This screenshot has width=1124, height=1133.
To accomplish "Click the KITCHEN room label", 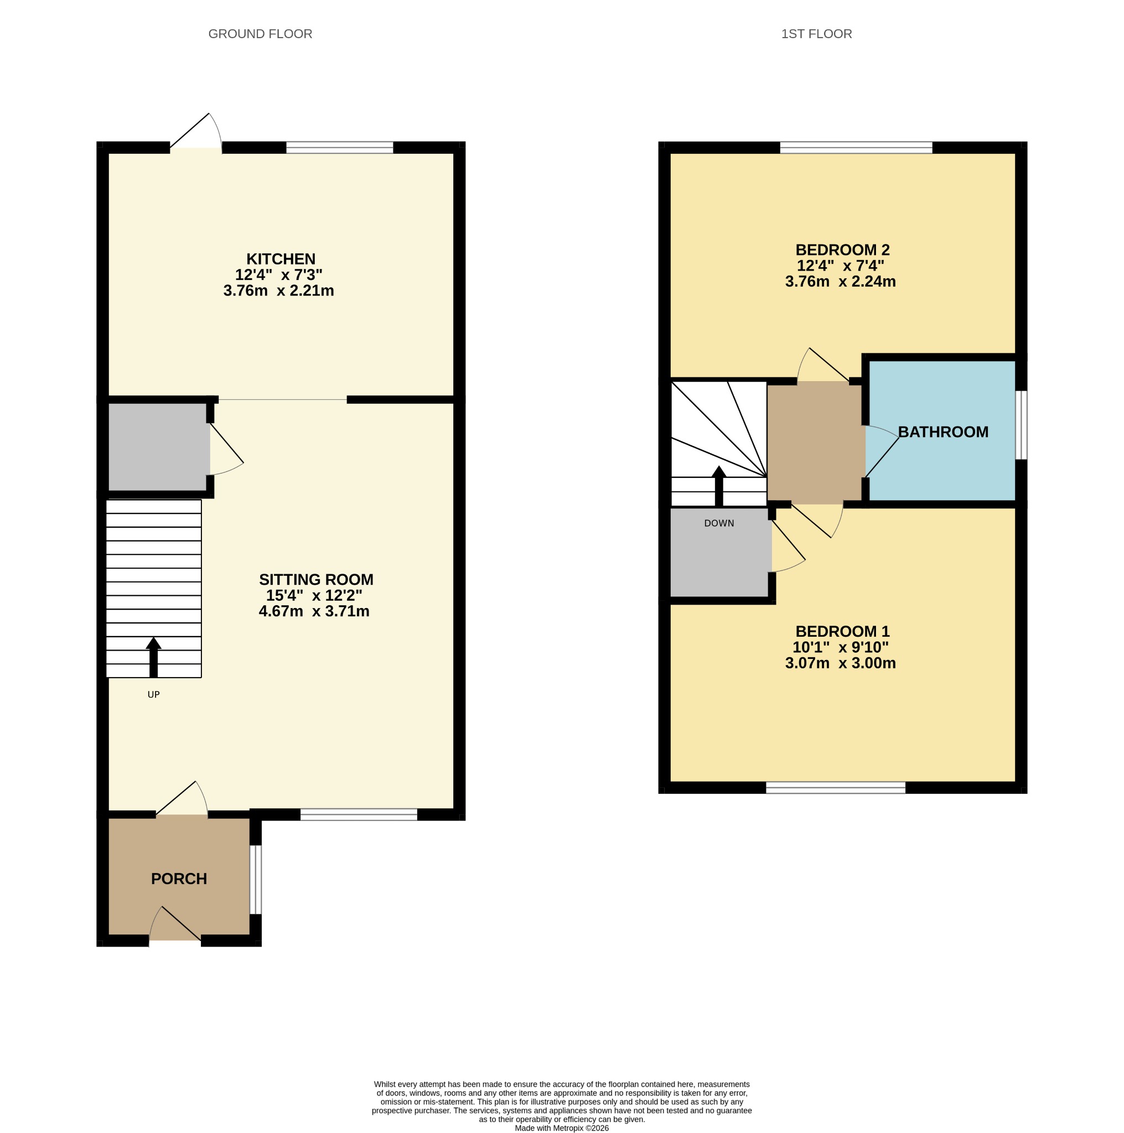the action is [281, 258].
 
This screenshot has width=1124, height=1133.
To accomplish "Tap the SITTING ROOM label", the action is [316, 579].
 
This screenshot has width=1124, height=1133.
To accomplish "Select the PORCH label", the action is [179, 879].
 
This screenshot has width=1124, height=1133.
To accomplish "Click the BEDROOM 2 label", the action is [842, 250].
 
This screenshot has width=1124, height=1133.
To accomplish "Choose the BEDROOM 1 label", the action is [842, 631].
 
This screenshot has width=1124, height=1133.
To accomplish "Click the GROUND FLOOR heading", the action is [261, 34].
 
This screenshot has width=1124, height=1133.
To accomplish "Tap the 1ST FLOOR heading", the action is [817, 34].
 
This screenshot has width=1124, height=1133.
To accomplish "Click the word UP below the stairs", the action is [154, 694].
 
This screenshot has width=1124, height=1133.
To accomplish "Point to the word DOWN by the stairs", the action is [719, 523].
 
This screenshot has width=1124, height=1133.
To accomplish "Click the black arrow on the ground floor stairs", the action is [154, 657].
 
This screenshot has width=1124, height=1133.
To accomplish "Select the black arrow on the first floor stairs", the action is [719, 486].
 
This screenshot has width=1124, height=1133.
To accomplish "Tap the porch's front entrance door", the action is [175, 924].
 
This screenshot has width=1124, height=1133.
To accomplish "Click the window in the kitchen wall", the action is [340, 147].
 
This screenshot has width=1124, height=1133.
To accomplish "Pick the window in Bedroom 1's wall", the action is [836, 788].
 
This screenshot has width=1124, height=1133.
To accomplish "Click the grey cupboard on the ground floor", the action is [158, 447].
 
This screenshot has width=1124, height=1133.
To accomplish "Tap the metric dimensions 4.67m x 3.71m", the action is [314, 612].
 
